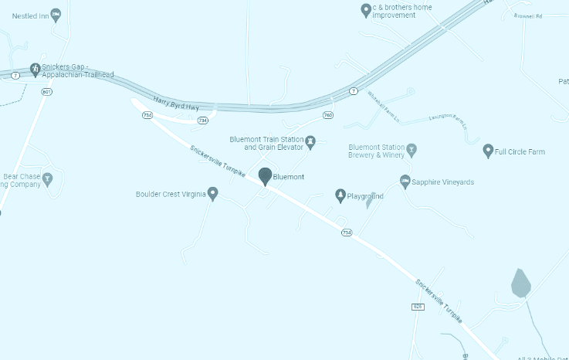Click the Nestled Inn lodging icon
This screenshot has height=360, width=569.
click(x=56, y=14)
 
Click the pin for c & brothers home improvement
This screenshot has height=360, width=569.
click(x=366, y=10)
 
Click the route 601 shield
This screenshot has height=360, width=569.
click(x=48, y=92)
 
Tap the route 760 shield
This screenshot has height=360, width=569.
click(x=328, y=115)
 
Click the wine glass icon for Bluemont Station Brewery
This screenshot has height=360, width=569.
click(x=412, y=149)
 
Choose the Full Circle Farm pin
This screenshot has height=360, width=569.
click(x=487, y=151)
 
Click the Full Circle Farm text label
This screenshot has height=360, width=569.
click(x=520, y=151)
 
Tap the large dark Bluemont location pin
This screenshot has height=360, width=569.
click(x=265, y=176)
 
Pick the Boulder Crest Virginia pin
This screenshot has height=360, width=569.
click(x=213, y=193)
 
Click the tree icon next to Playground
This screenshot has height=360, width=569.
click(x=340, y=195)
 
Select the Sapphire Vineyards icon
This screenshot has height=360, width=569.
click(x=405, y=182)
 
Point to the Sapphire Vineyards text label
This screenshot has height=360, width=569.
click(x=443, y=182)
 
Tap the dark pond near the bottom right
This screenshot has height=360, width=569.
click(x=521, y=284)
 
